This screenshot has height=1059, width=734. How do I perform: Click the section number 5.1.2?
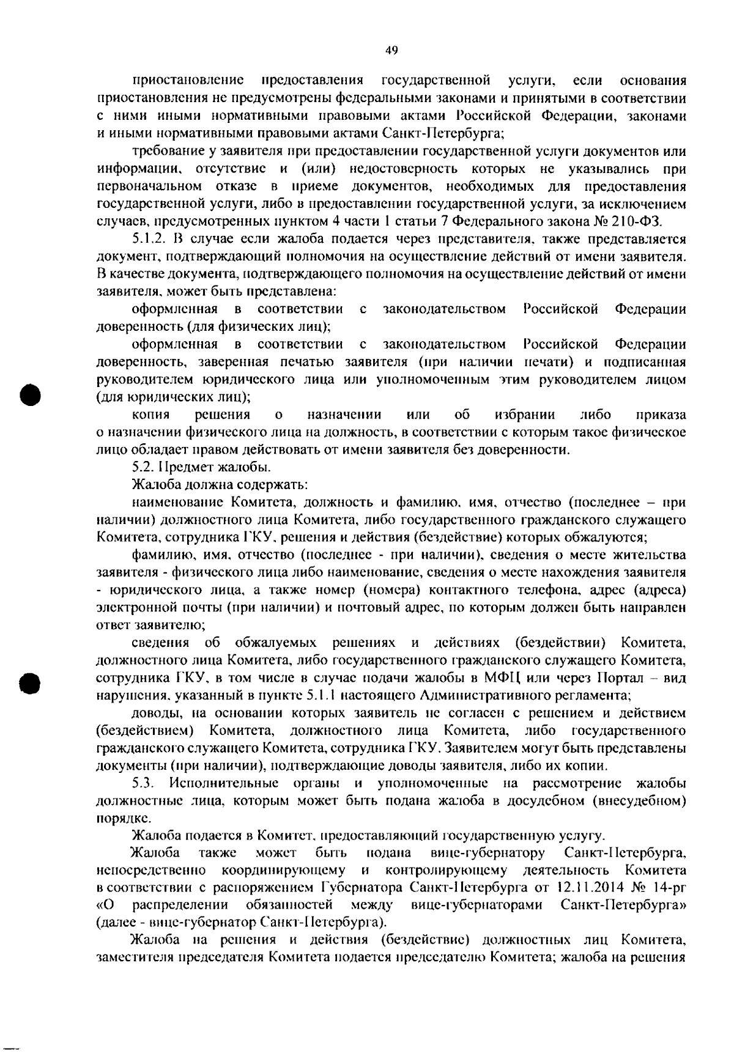pyautogui.click(x=149, y=238)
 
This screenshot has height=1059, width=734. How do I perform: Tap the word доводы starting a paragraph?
pyautogui.click(x=154, y=713)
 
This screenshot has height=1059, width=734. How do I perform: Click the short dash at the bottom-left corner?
pyautogui.click(x=12, y=1047)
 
